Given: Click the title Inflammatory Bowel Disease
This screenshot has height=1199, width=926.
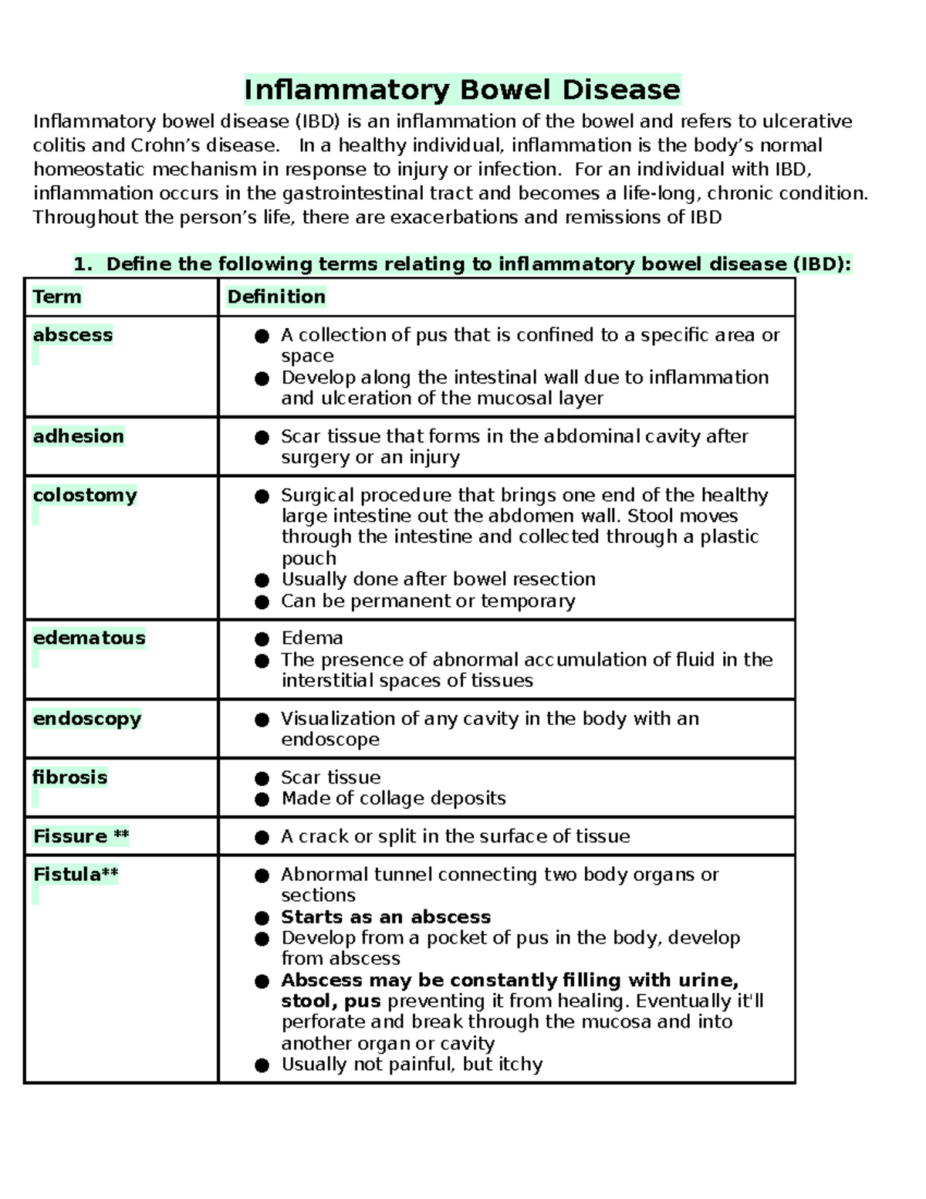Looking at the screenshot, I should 462,90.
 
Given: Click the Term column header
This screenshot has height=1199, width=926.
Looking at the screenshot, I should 57,297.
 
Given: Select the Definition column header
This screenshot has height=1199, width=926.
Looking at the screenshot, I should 276,297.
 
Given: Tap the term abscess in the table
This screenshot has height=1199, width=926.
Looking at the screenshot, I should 73,335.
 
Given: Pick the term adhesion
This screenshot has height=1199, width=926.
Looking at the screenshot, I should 78,436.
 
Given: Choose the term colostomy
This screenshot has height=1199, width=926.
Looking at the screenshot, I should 85,495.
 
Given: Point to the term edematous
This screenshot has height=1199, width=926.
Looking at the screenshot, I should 89,638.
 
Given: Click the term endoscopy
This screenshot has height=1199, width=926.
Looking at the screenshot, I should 86,719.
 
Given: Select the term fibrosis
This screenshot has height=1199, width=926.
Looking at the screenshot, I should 70,777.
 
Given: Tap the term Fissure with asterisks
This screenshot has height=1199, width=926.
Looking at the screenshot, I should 81,836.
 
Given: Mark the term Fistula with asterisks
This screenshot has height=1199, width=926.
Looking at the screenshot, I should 76,875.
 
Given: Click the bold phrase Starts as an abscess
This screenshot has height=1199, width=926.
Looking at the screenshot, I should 386,917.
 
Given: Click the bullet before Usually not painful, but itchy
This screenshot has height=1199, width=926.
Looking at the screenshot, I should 262,1065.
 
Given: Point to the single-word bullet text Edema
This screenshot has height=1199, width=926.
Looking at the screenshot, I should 312,638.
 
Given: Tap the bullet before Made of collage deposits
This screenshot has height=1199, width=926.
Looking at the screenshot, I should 262,799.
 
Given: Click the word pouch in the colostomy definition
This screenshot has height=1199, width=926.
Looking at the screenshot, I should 309,558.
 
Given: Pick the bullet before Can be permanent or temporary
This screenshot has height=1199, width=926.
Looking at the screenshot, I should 262,601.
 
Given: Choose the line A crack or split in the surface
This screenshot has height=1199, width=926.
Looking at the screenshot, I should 455,836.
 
